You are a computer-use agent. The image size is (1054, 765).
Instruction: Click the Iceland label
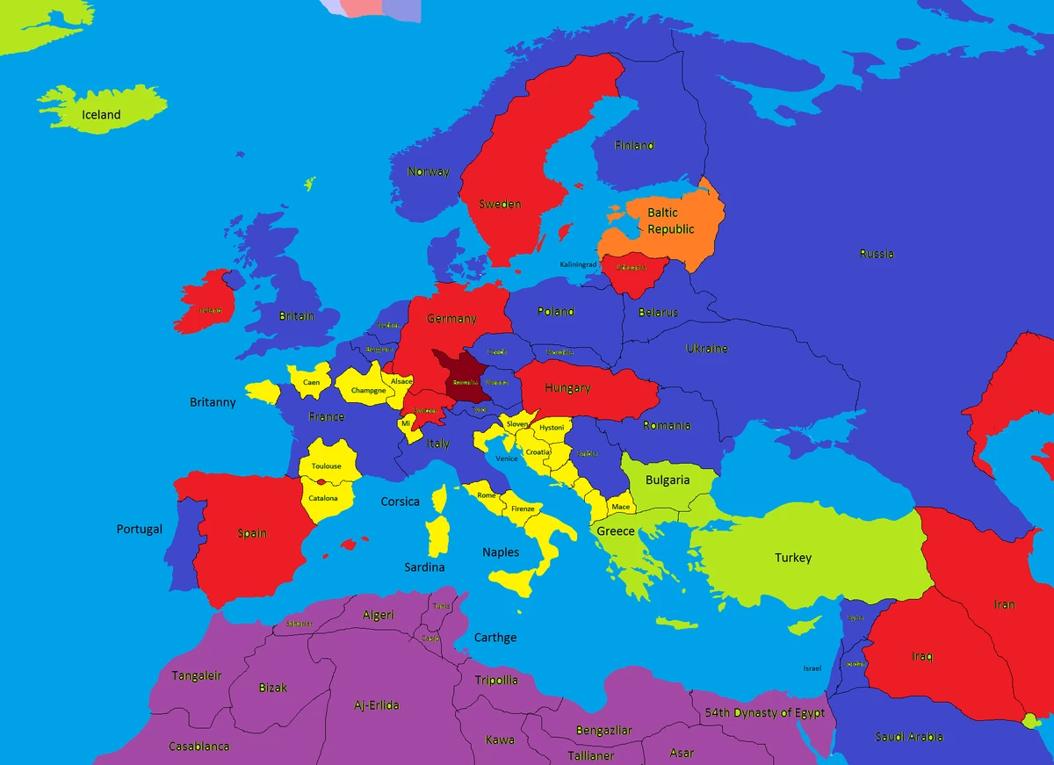coord(101,115)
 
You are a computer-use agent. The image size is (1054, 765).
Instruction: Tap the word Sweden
coord(500,205)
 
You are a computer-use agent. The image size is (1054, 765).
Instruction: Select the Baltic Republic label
coord(671,221)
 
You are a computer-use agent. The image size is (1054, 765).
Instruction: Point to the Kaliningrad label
coord(577,264)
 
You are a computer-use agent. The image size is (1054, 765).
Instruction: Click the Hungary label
coord(567,388)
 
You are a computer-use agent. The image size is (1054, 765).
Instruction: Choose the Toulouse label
coord(327,466)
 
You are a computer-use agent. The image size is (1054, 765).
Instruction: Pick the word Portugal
coord(140,530)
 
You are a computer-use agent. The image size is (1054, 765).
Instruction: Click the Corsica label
coord(400,502)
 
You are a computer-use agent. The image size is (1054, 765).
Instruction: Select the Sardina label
coord(424,567)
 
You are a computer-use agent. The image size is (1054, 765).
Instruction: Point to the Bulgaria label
coord(668,480)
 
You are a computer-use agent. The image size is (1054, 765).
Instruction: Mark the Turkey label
coord(793,558)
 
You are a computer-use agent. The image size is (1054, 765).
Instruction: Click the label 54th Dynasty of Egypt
coord(766,712)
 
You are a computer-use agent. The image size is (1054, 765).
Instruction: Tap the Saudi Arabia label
coord(909,737)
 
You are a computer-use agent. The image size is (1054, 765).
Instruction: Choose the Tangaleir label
coord(197,676)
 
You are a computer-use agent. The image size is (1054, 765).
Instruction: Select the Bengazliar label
coord(604,731)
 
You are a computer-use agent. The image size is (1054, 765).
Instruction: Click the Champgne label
coord(368,391)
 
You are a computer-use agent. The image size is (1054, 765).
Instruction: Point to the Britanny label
coord(213,402)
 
